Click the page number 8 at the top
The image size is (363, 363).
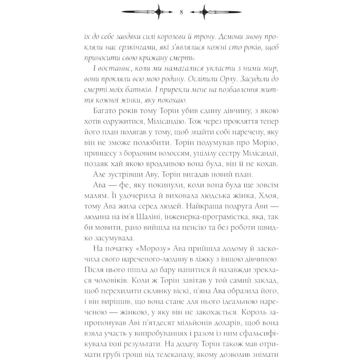point(181,12)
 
